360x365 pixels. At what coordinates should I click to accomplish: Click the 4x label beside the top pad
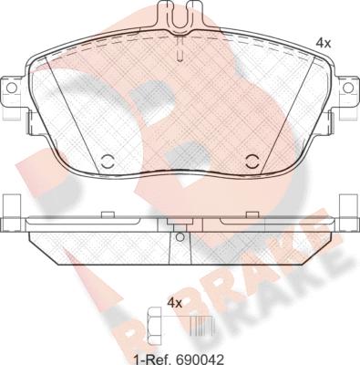pos(323,44)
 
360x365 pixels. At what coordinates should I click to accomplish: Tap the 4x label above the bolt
pos(175,303)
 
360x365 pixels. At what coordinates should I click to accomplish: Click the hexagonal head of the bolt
pos(154,322)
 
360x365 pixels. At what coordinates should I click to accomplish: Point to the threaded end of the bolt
pos(202,322)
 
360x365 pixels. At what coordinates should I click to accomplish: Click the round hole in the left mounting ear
pos(11,88)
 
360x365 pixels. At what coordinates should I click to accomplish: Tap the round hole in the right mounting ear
pos(348,88)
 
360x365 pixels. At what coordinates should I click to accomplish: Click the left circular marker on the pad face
pos(107,162)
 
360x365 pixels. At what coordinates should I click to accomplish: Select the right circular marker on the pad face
pos(252,162)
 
